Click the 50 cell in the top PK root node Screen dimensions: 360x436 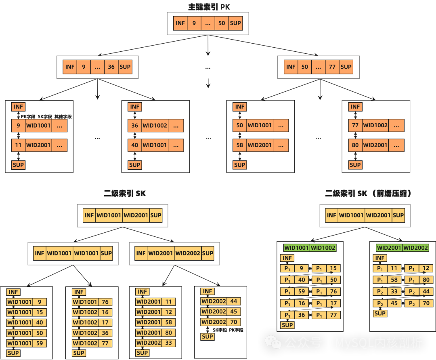(222, 23)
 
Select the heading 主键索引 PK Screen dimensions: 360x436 (209, 7)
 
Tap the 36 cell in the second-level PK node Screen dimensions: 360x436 (111, 67)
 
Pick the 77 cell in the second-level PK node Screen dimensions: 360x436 (332, 67)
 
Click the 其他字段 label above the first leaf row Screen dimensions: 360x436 (63, 116)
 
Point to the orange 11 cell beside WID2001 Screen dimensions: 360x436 (18, 145)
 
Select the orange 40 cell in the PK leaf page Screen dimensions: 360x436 (134, 145)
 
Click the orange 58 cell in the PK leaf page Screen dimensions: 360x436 (239, 145)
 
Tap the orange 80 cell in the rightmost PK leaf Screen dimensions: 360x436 (355, 145)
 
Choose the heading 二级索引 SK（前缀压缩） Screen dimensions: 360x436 (369, 194)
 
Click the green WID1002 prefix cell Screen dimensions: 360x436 (323, 248)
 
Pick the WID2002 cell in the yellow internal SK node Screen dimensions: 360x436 (188, 253)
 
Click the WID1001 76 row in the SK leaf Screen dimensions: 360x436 (92, 302)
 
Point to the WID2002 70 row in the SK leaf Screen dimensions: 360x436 (220, 322)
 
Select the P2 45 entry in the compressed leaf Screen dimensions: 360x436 (387, 303)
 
